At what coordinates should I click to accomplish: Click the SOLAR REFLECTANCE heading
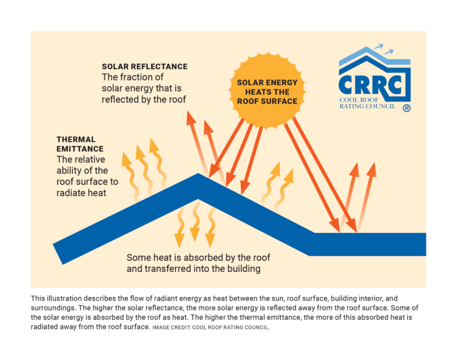(x=145, y=66)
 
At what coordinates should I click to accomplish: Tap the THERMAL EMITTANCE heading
(x=80, y=144)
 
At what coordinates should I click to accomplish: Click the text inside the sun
(x=267, y=92)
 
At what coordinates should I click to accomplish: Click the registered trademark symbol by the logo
(x=407, y=108)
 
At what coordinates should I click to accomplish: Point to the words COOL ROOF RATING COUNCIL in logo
(x=368, y=103)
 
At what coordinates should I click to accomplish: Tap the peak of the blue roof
(x=198, y=174)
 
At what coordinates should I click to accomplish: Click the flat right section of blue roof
(x=367, y=244)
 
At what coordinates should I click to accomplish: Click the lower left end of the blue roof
(x=58, y=254)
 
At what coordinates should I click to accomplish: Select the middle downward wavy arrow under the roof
(x=195, y=221)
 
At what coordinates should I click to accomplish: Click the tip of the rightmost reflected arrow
(x=374, y=163)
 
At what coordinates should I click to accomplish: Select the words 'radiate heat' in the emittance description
(x=81, y=193)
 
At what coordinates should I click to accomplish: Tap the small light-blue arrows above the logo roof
(x=383, y=49)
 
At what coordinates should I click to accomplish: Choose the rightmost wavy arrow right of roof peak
(x=284, y=189)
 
